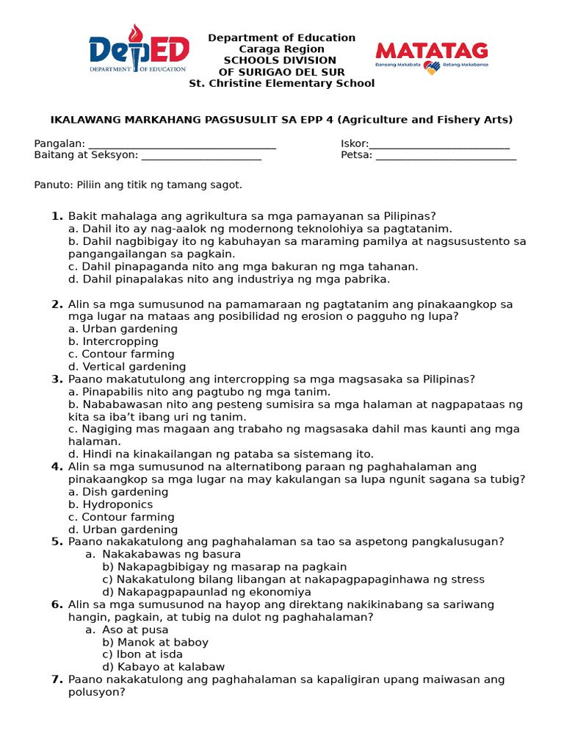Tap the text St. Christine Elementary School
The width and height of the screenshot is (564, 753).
282,83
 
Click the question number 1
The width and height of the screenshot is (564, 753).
57,215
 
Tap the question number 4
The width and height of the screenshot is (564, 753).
57,466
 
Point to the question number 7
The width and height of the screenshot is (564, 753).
57,679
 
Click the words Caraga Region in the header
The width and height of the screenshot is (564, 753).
282,49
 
